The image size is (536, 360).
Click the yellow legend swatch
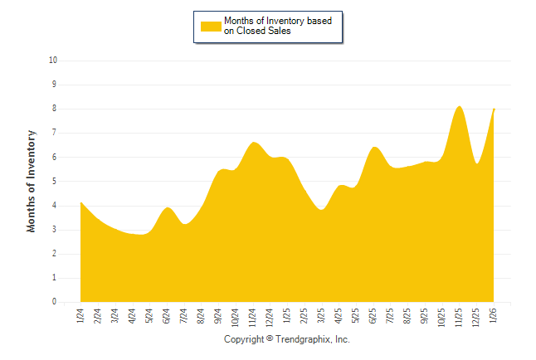click(x=211, y=26)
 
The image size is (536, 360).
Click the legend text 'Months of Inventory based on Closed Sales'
click(x=270, y=26)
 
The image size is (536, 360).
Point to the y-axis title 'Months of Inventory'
click(x=32, y=181)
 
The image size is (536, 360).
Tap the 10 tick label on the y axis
click(x=53, y=61)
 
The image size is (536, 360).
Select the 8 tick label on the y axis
click(x=55, y=109)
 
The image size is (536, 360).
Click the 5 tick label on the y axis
click(x=55, y=182)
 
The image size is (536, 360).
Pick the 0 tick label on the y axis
click(x=55, y=303)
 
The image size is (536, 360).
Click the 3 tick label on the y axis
click(x=55, y=230)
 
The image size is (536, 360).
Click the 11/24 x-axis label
click(x=252, y=316)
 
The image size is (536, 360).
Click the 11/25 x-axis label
click(x=460, y=316)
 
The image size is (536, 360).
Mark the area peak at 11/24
click(x=253, y=143)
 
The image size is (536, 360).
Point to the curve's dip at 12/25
click(x=477, y=163)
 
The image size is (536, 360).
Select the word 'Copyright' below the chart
click(x=244, y=340)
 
